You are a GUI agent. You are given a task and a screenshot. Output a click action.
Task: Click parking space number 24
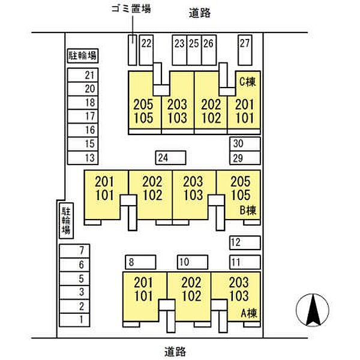170,158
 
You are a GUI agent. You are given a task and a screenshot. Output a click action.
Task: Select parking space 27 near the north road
245,50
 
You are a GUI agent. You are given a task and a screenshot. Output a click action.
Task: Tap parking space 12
245,242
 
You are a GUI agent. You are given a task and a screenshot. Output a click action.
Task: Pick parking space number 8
140,262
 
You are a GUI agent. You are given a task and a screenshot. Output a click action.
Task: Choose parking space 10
193,262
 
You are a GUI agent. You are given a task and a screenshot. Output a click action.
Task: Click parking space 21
83,75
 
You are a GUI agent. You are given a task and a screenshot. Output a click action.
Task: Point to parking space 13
83,158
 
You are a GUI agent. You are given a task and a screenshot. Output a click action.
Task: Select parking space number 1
74,320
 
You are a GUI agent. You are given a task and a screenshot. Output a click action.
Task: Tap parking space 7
74,251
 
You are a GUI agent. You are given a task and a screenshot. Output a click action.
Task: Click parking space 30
245,144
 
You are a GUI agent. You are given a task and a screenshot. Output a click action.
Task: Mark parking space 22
146,50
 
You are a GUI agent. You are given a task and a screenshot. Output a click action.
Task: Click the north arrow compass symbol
313,310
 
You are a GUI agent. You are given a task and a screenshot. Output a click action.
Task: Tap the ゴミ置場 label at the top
131,9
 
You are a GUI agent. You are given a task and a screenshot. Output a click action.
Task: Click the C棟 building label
247,82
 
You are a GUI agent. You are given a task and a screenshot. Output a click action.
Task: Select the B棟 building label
248,210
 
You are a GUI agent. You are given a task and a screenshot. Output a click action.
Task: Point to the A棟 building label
249,313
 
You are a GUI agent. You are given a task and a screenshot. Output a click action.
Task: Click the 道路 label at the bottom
175,352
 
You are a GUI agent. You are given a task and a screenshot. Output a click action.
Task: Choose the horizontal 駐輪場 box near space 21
83,56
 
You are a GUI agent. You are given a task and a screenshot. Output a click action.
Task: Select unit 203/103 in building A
239,289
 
